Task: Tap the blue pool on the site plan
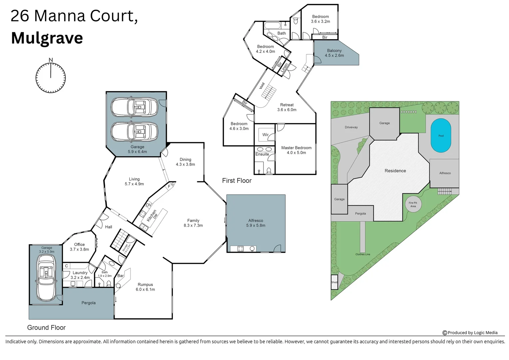[x=441, y=136]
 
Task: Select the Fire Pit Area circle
[x=413, y=204]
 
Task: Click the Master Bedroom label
[x=296, y=150]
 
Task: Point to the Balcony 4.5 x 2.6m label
[x=334, y=53]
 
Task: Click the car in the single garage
[x=46, y=278]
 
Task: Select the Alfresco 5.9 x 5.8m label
[x=255, y=223]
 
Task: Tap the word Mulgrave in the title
[x=47, y=38]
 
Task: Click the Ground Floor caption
[x=46, y=328]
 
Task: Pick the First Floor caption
[x=237, y=181]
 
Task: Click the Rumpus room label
[x=145, y=287]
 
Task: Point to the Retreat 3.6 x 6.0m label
[x=286, y=107]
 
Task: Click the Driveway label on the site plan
[x=351, y=127]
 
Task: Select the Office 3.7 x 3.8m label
[x=79, y=247]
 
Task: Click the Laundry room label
[x=80, y=275]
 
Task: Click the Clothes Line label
[x=362, y=254]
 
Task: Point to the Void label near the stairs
[x=262, y=86]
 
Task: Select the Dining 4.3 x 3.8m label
[x=185, y=162]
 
